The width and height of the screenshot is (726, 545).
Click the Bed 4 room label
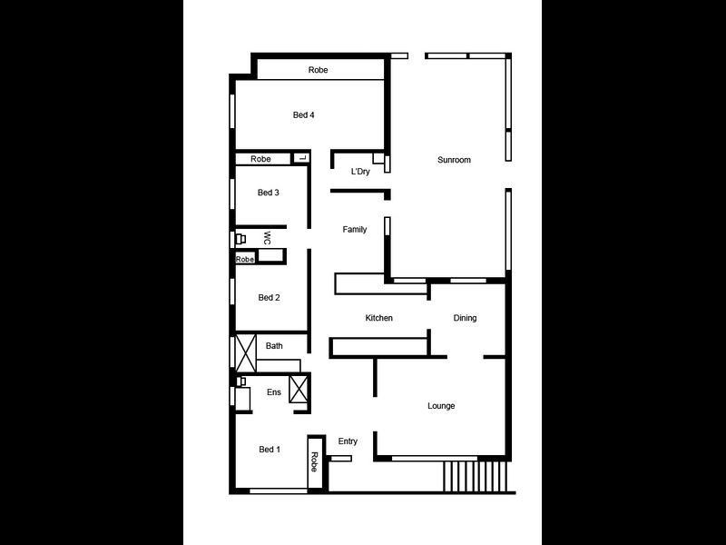tap(303, 115)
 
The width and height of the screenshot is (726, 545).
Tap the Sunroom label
tap(454, 160)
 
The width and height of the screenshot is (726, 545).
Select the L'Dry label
tap(360, 171)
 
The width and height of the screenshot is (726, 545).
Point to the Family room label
tap(355, 230)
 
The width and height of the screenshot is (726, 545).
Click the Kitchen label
tap(378, 318)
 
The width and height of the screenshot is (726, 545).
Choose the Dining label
tap(465, 318)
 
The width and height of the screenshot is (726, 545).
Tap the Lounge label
tap(441, 406)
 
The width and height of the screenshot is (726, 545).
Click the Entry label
tap(348, 441)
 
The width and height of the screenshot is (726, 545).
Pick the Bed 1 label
tap(270, 450)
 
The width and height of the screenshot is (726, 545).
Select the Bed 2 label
tap(269, 298)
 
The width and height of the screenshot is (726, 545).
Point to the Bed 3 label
tap(268, 193)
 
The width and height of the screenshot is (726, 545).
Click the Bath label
tap(274, 346)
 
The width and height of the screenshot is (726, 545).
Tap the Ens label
tap(273, 392)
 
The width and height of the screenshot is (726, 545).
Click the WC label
tap(267, 238)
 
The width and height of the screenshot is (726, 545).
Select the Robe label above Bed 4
tap(318, 70)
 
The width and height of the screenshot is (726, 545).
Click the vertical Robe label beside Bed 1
tap(315, 461)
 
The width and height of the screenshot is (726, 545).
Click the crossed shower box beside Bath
tap(245, 352)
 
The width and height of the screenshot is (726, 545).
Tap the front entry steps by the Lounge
tap(476, 475)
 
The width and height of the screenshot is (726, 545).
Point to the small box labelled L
tap(302, 159)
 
